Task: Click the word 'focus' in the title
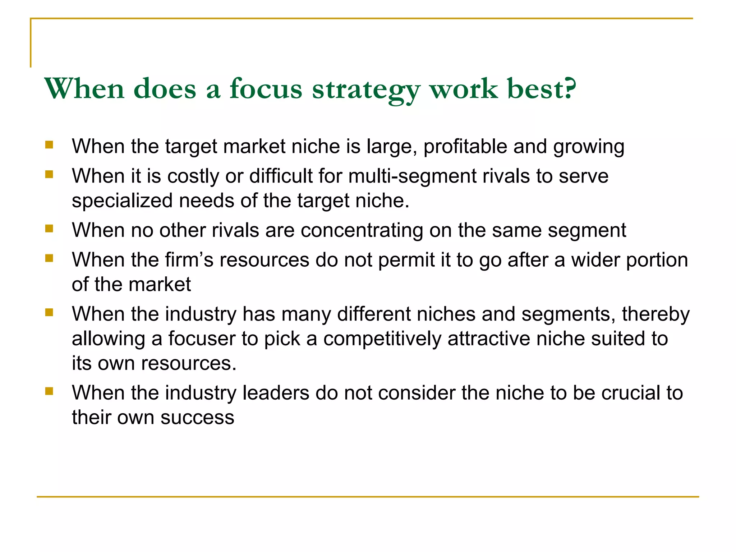266,89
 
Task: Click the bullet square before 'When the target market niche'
49,145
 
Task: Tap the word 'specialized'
122,201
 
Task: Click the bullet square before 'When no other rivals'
49,229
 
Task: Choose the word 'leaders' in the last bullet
276,393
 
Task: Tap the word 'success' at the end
197,418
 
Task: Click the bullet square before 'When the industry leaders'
49,391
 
